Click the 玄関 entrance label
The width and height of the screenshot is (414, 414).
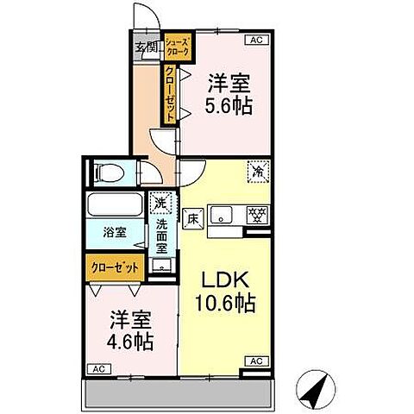coord(144,46)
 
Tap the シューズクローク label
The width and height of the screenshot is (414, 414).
coord(179,46)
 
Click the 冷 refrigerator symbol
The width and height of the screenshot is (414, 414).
coord(256,172)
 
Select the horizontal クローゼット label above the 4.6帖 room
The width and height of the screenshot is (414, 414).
coord(116,267)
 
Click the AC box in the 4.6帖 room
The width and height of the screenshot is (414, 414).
coord(98,368)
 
